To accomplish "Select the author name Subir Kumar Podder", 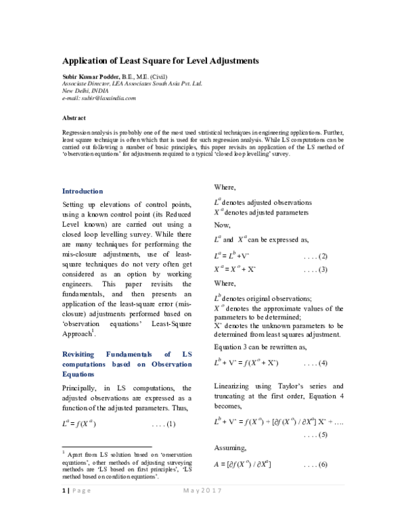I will (x=91, y=77).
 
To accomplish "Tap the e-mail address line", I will (x=99, y=98).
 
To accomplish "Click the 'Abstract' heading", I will (x=74, y=118).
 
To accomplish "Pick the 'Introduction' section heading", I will (x=83, y=191).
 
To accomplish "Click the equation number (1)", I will (x=163, y=424).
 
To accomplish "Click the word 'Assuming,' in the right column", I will (x=230, y=449).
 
